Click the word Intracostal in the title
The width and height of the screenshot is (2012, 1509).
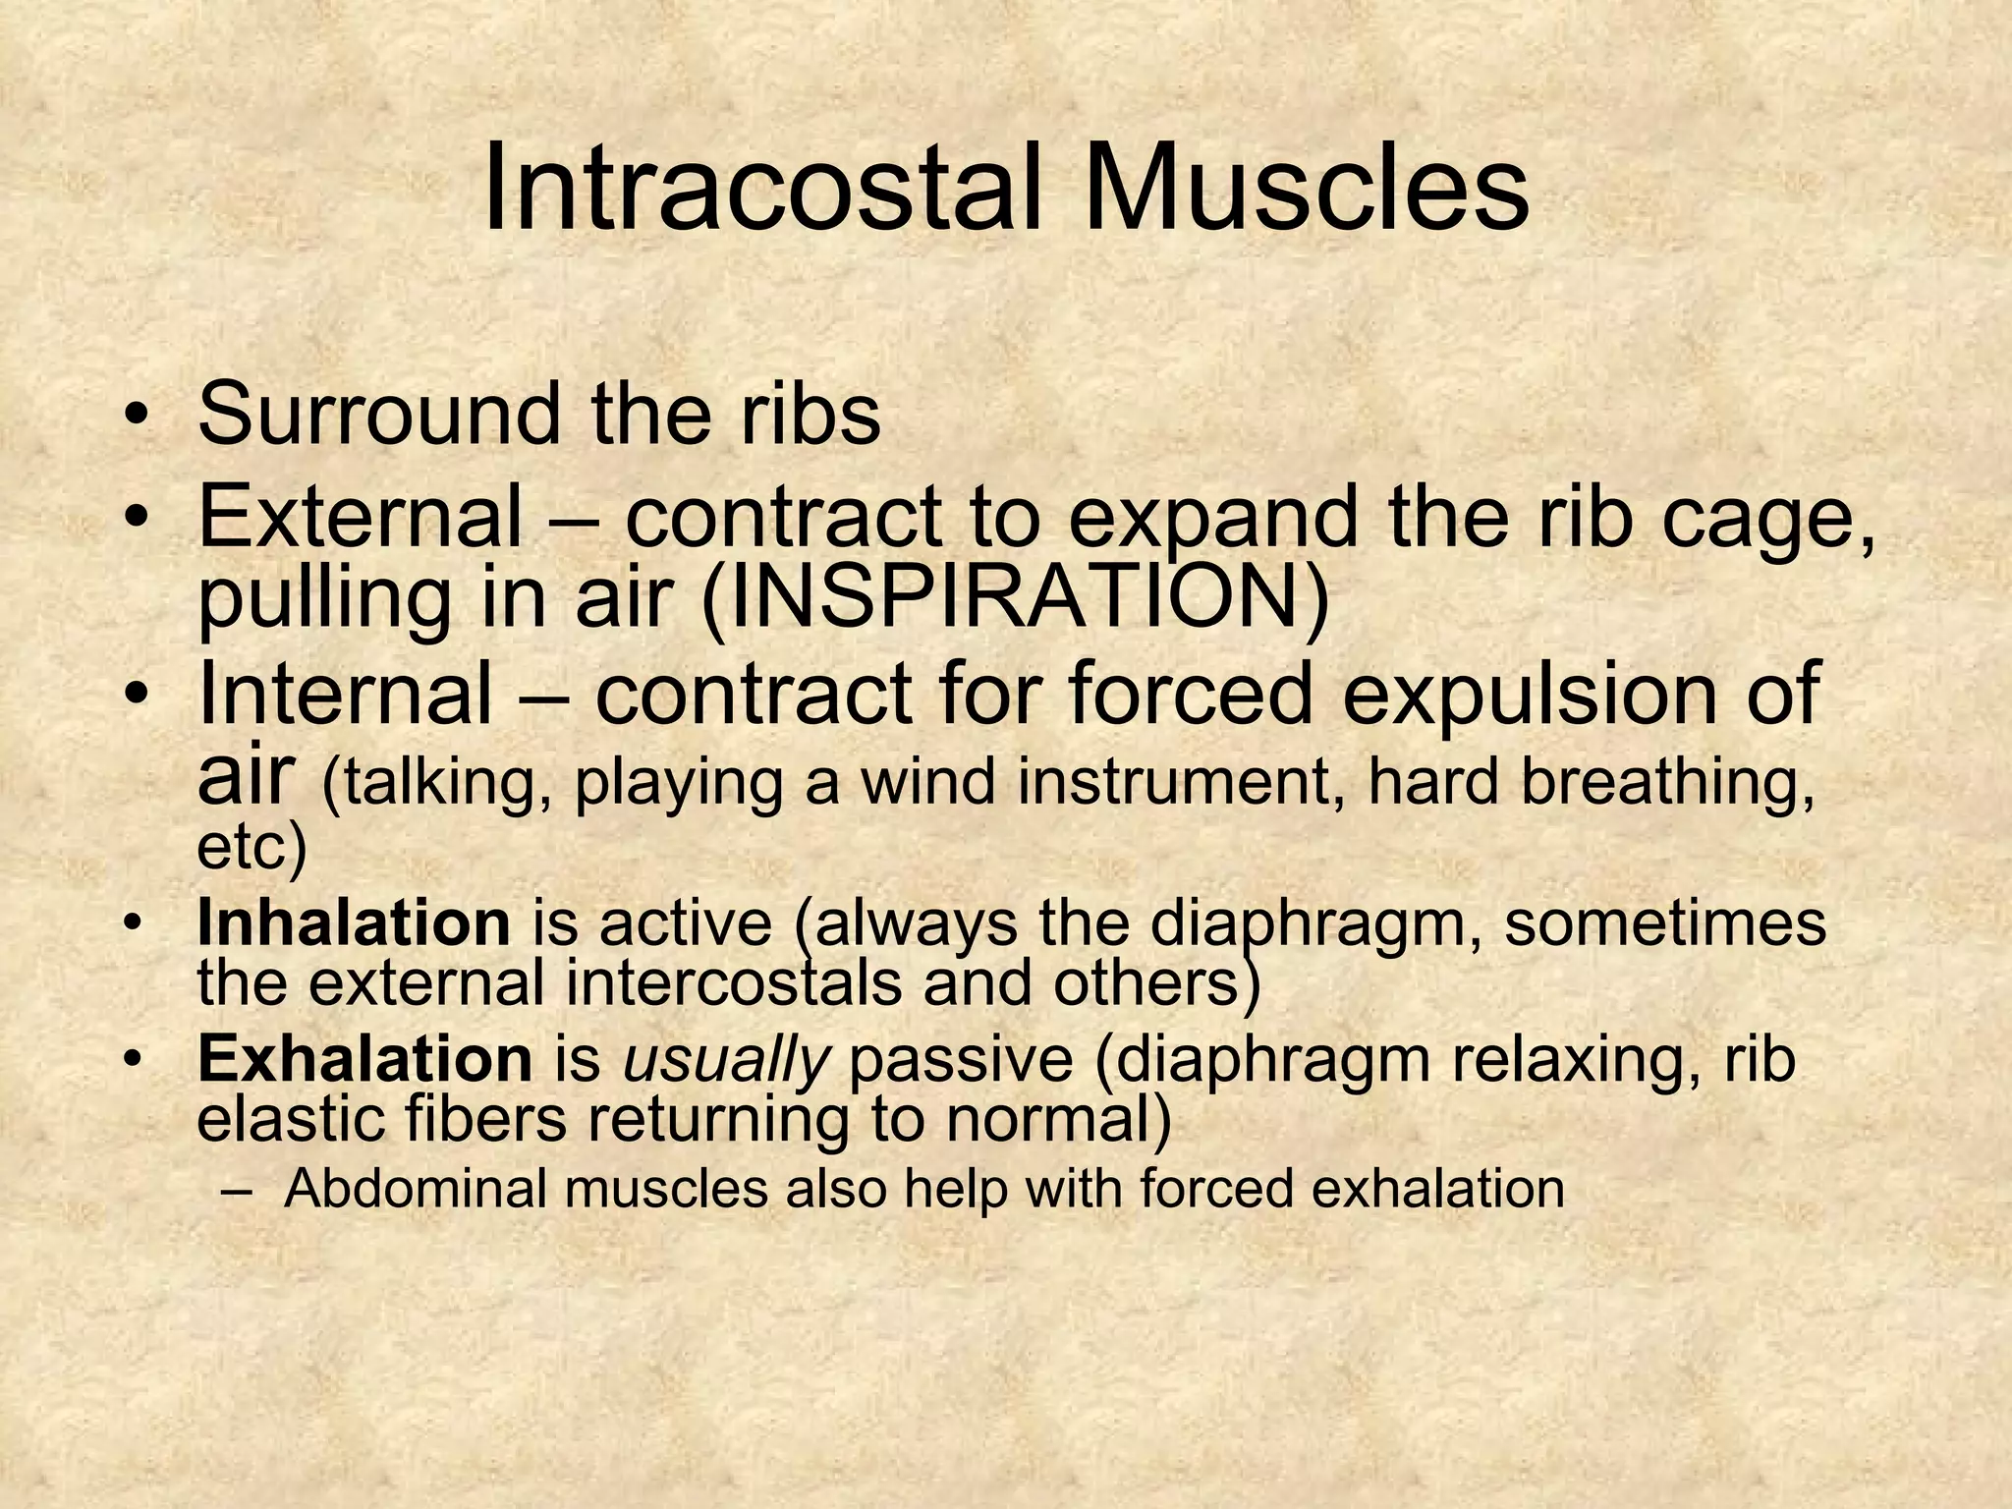pos(760,189)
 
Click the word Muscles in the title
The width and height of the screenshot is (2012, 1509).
pos(1307,189)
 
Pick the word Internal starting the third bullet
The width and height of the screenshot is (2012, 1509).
pos(344,694)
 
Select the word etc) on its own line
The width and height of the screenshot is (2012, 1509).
pos(251,849)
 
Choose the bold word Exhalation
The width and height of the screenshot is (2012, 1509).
pos(364,1059)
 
